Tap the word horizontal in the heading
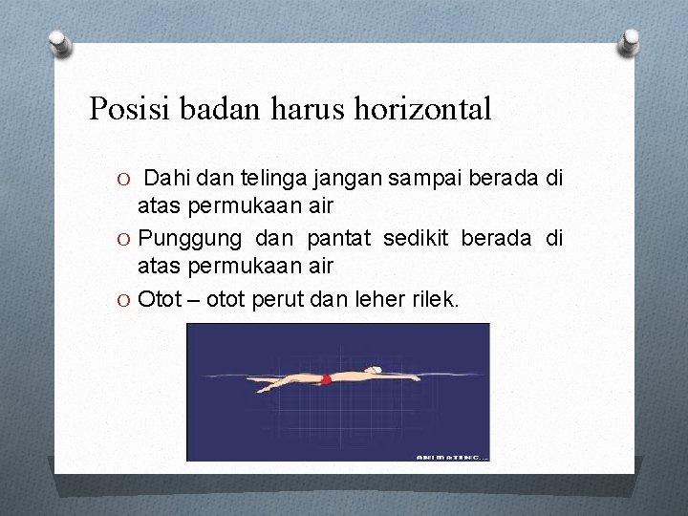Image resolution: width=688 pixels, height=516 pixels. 422,108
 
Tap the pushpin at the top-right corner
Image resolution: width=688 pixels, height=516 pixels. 629,40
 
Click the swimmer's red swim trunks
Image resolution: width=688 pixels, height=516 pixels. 326,379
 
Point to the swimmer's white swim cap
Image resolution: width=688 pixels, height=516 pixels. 376,370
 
